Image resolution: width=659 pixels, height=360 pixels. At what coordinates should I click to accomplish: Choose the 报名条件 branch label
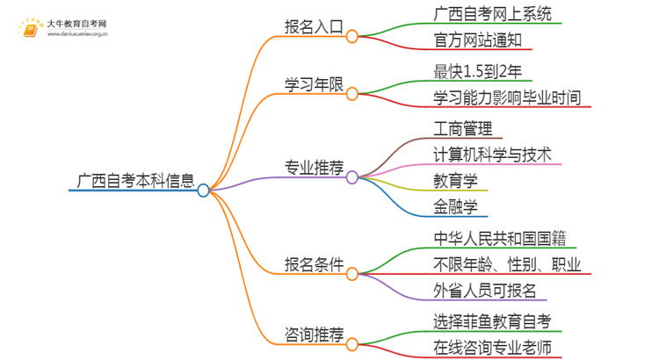coord(313,264)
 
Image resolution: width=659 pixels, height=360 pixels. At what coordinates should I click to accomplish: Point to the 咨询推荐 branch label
coord(313,335)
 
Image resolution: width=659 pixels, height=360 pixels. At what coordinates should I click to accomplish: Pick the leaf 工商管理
coord(467,129)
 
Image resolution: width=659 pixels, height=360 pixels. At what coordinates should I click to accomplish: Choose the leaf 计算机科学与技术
coord(493,155)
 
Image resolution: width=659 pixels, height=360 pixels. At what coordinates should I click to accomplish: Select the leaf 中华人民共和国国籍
coord(498,238)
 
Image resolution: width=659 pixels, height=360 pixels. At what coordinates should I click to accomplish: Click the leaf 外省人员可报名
coord(485,291)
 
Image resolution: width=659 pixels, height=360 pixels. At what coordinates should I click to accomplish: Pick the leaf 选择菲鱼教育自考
coord(493,320)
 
